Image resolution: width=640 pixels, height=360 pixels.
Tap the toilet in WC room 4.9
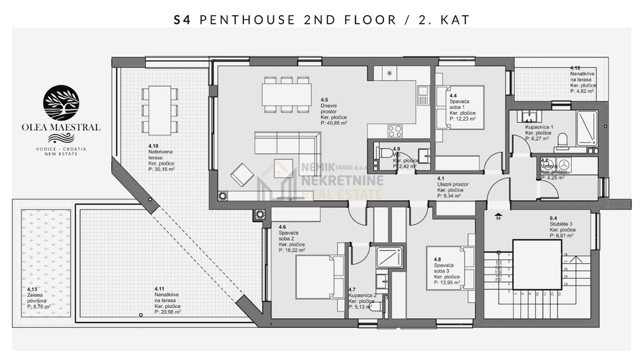coord(381,152)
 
